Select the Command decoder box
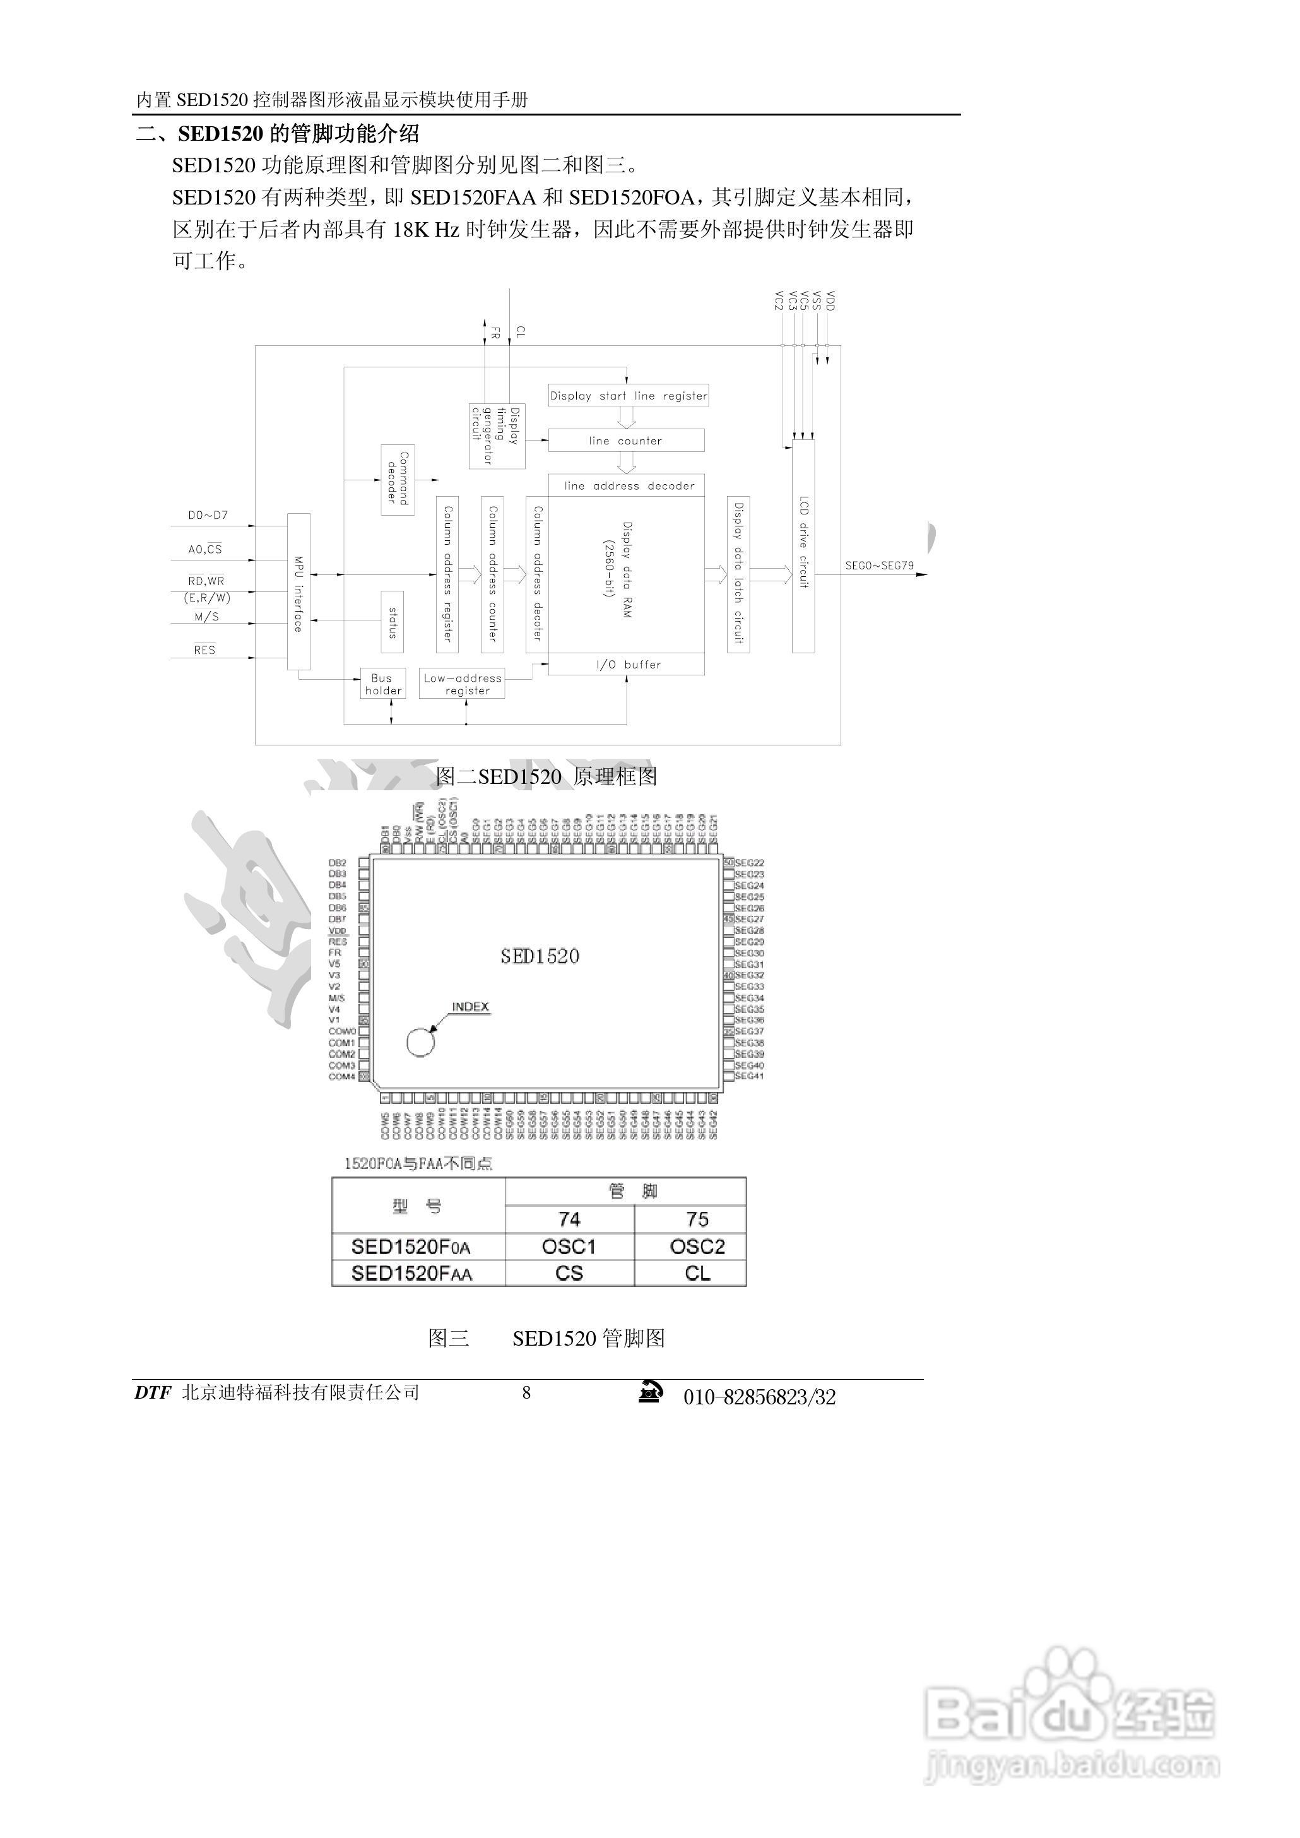coord(398,480)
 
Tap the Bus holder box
coord(382,684)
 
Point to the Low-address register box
coord(463,684)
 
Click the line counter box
coord(626,441)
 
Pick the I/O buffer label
coord(627,665)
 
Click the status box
coord(393,622)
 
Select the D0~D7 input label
coord(208,516)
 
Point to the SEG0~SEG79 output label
coord(879,565)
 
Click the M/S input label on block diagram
coord(206,617)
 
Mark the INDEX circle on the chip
coord(420,1042)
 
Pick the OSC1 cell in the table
coord(569,1247)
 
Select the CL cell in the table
coord(697,1274)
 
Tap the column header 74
coord(569,1219)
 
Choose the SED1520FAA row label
coord(411,1274)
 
